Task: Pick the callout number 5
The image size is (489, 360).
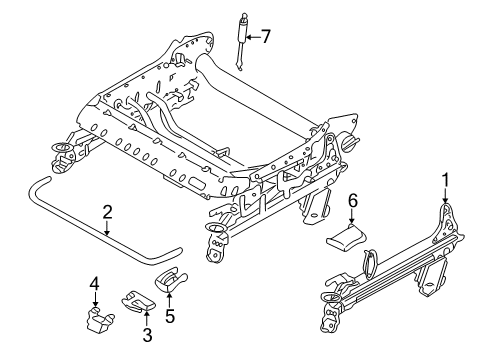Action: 169,316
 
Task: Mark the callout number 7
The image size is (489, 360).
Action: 265,37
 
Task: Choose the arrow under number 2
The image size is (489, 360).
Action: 107,228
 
